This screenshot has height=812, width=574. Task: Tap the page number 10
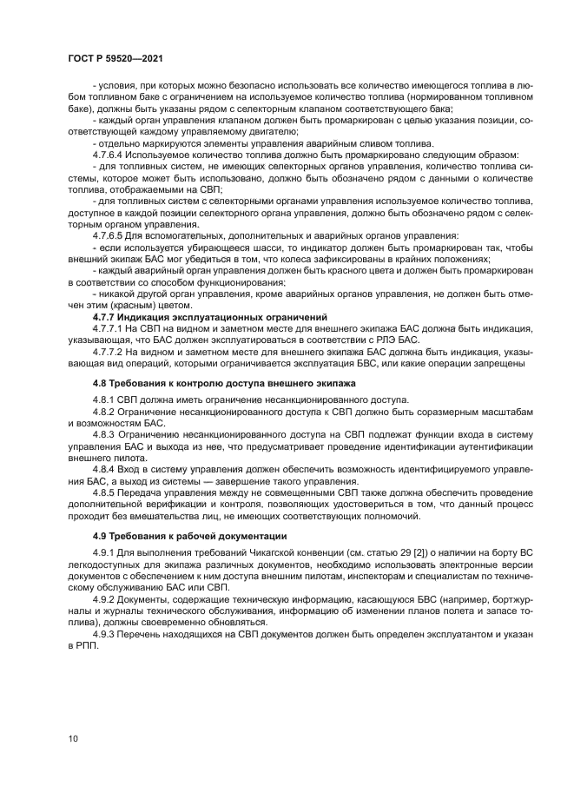click(x=73, y=738)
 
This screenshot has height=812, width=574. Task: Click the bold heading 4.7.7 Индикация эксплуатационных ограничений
click(x=209, y=317)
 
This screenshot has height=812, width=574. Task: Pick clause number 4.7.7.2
click(x=109, y=353)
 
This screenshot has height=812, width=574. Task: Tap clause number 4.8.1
click(x=103, y=399)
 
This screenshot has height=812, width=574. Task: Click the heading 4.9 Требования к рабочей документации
click(x=189, y=536)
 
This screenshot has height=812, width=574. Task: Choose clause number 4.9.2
click(x=103, y=599)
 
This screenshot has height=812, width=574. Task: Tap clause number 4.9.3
click(x=103, y=635)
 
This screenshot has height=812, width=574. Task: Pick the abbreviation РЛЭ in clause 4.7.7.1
click(x=387, y=340)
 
